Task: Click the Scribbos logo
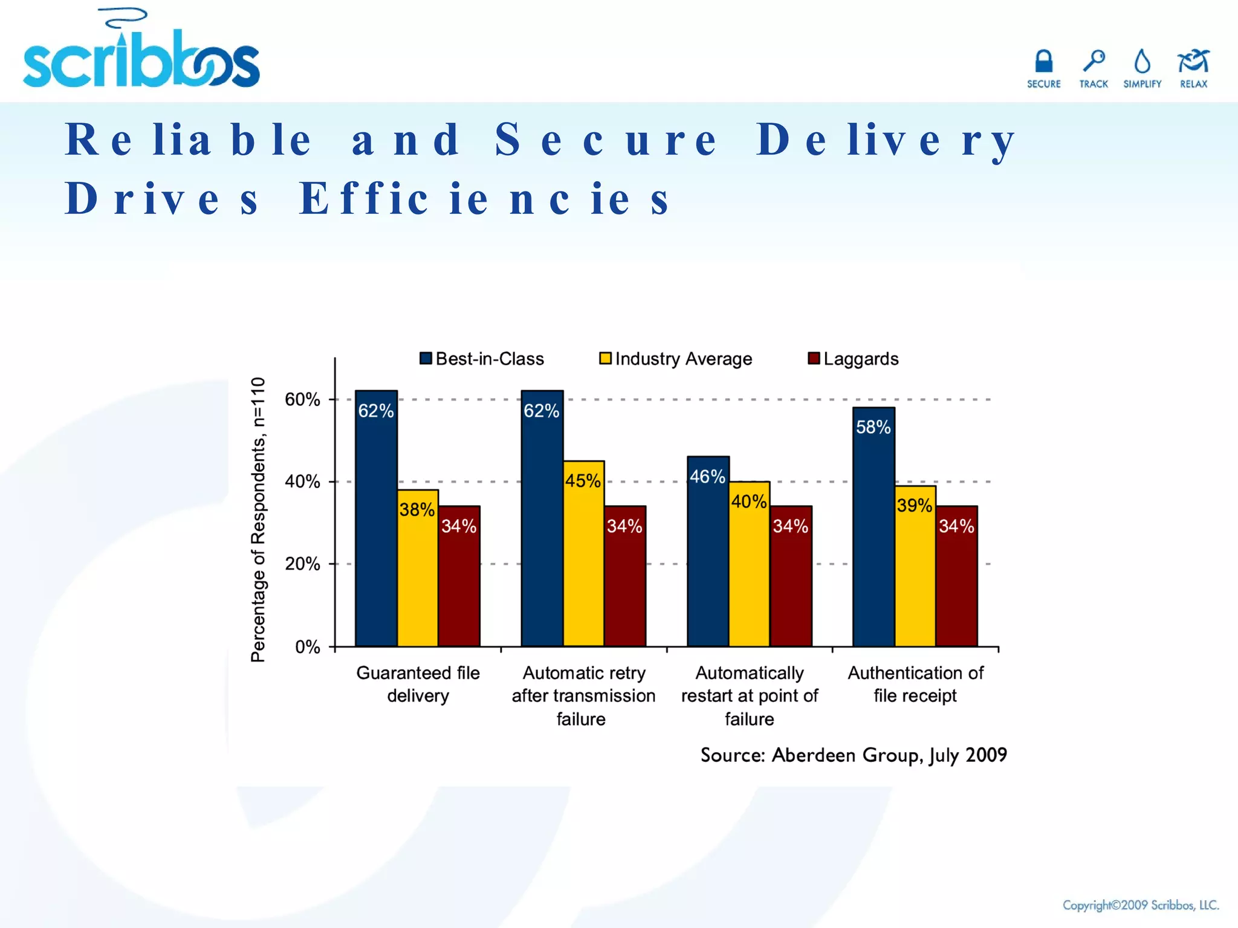click(x=141, y=57)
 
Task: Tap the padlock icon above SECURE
click(x=1043, y=62)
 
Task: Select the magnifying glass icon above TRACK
click(x=1094, y=61)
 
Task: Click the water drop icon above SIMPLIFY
click(x=1142, y=62)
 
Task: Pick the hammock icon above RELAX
click(x=1193, y=61)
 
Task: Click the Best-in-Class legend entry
click(x=482, y=359)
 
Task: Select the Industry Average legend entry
click(x=676, y=359)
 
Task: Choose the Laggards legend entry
click(x=853, y=359)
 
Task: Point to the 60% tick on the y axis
click(x=302, y=399)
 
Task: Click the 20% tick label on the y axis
click(x=302, y=564)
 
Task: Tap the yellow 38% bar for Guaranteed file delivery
click(x=418, y=574)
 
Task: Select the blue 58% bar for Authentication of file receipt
click(x=873, y=532)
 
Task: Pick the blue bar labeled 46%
click(x=708, y=556)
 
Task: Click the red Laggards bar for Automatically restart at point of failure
click(x=791, y=580)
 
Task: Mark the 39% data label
click(x=914, y=505)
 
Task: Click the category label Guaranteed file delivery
click(x=418, y=684)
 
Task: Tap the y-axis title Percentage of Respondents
click(x=258, y=520)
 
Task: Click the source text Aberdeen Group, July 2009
click(x=853, y=755)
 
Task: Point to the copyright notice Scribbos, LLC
click(x=1140, y=905)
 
